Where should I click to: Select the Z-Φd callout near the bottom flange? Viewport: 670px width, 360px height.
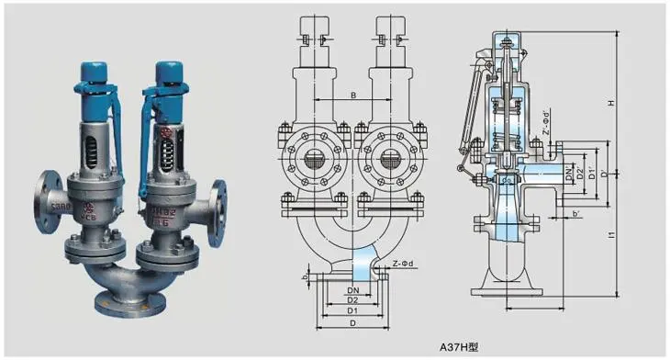(406, 263)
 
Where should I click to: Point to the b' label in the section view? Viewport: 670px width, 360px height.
(575, 215)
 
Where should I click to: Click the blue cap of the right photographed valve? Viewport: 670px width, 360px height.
(169, 69)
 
